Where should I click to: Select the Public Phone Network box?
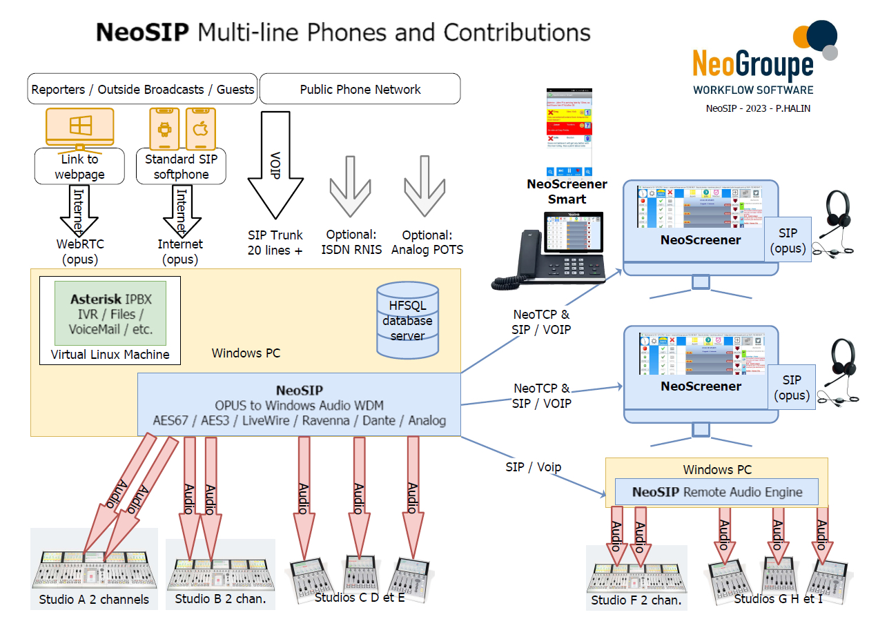(x=360, y=89)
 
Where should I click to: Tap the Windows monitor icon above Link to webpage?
(x=79, y=128)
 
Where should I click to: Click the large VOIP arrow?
(x=275, y=166)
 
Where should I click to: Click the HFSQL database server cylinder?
(x=407, y=320)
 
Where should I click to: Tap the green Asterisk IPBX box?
(x=110, y=313)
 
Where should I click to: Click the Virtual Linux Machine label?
(x=110, y=355)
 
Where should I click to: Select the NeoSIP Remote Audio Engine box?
(x=716, y=492)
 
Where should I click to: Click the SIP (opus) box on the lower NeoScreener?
(x=792, y=388)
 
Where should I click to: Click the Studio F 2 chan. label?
(x=636, y=600)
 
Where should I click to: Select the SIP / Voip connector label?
(x=533, y=467)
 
